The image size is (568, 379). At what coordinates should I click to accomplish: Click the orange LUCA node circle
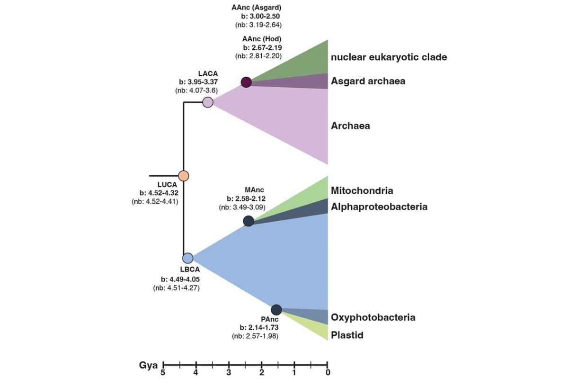point(184,176)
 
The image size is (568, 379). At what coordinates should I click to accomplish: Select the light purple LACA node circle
point(208,102)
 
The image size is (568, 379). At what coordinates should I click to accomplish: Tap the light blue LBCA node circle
point(188,258)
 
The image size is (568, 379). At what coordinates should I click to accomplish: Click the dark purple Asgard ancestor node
point(246,82)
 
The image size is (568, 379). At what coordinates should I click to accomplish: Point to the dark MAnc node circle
point(248,221)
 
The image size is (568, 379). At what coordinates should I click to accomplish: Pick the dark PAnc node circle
point(276,310)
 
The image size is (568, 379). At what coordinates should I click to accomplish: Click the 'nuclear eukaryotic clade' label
point(389,57)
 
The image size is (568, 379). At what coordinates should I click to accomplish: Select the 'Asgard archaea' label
point(368,81)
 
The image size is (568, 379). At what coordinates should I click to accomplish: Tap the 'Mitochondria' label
point(362,190)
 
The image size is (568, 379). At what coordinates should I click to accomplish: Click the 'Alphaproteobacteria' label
point(379,207)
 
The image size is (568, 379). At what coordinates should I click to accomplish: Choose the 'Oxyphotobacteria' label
point(373,317)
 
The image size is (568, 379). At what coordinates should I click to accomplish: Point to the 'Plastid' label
point(347,335)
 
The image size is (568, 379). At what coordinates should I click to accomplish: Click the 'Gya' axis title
point(148,366)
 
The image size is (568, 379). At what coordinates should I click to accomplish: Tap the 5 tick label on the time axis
point(163,373)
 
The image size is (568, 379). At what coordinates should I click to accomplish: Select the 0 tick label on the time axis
point(328,373)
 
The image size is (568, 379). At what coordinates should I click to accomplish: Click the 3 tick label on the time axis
point(229,373)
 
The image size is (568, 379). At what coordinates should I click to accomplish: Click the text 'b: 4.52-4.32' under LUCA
point(159,193)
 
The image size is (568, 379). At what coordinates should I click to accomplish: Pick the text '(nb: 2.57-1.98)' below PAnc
point(255,336)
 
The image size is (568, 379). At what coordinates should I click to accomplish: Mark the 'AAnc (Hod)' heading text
point(262,39)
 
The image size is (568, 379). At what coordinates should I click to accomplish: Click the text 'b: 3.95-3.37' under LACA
point(198,82)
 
